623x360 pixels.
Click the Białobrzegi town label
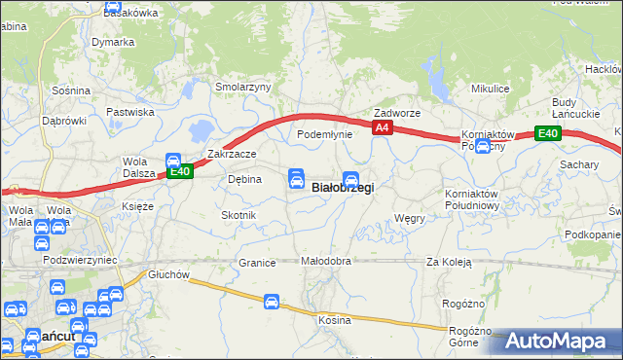tap(342, 188)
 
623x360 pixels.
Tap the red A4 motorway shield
tap(382, 127)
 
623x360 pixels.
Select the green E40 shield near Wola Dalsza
tap(179, 172)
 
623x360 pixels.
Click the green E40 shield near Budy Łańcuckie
tap(548, 134)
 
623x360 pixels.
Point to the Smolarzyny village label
tap(242, 87)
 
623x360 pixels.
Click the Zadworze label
tap(397, 113)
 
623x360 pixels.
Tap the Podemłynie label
tap(324, 134)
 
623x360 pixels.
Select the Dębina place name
tap(243, 179)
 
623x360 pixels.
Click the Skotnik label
tap(238, 214)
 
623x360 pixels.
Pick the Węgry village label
tap(411, 218)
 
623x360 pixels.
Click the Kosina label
tap(334, 320)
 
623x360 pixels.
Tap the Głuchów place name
tap(168, 274)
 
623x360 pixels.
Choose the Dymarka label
tap(113, 42)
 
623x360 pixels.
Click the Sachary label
tap(579, 164)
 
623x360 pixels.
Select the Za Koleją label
tap(449, 262)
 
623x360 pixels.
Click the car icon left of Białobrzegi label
tap(296, 179)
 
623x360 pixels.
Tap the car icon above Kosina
tap(273, 304)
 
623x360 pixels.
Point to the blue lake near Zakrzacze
tap(202, 129)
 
